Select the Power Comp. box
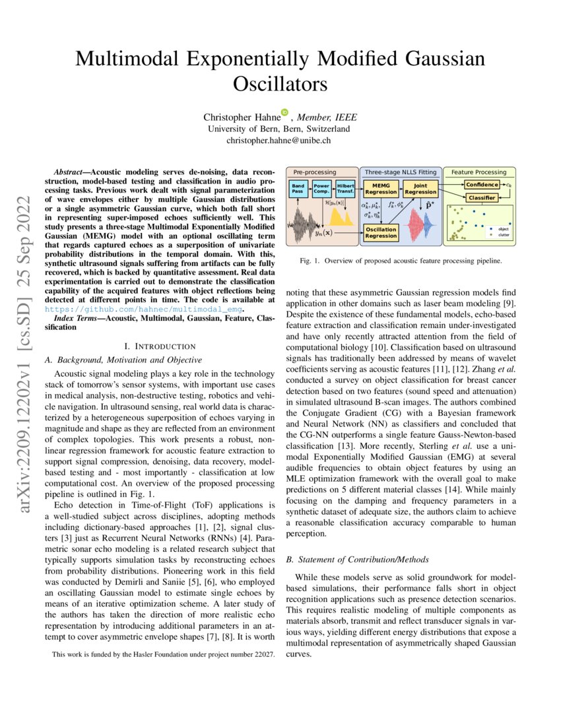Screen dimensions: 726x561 coord(321,189)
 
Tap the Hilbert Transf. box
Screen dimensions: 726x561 coord(345,189)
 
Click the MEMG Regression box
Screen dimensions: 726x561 coord(381,189)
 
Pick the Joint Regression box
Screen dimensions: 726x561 coord(420,189)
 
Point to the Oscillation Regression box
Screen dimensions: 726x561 coord(381,232)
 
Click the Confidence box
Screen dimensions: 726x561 coord(482,185)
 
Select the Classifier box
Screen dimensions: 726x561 coord(482,197)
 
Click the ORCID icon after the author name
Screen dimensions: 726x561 coord(284,113)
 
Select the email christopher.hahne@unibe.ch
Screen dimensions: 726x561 coord(279,141)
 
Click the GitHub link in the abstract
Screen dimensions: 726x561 coord(143,308)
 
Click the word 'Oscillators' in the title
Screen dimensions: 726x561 coord(280,84)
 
